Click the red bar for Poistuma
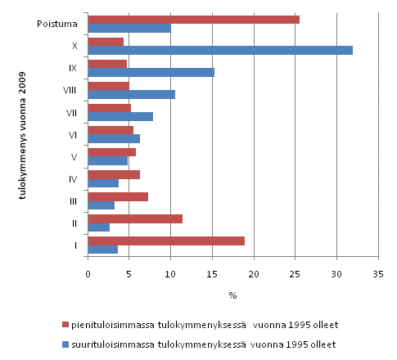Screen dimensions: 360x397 click(x=193, y=20)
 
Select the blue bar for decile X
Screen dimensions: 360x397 click(x=220, y=51)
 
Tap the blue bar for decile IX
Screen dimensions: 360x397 click(x=151, y=72)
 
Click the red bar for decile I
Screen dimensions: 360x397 click(x=166, y=241)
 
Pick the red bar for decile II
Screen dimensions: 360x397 click(x=135, y=218)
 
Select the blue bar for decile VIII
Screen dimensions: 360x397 click(x=131, y=94)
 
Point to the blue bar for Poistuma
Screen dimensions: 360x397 click(x=129, y=29)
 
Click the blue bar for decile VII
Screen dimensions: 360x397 click(x=120, y=116)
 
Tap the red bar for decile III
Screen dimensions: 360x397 click(x=118, y=196)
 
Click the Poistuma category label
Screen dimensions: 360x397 click(x=56, y=24)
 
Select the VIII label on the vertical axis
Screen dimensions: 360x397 click(x=69, y=90)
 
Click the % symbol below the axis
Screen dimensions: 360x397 click(x=232, y=295)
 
